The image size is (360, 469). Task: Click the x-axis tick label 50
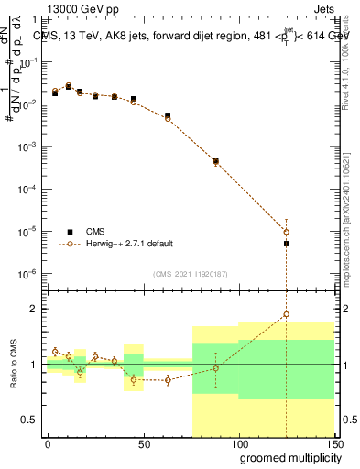tap(143, 444)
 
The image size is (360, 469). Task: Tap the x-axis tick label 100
tap(238, 444)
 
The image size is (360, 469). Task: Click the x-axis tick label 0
tap(48, 444)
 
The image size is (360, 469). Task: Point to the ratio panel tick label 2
tap(34, 309)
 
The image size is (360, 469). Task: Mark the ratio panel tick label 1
tap(34, 365)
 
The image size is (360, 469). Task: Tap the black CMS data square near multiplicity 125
tap(287, 244)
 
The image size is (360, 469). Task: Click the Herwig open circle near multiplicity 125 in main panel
tap(287, 232)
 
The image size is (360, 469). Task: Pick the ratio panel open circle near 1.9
tap(287, 314)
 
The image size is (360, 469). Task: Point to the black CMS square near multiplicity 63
tap(168, 116)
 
